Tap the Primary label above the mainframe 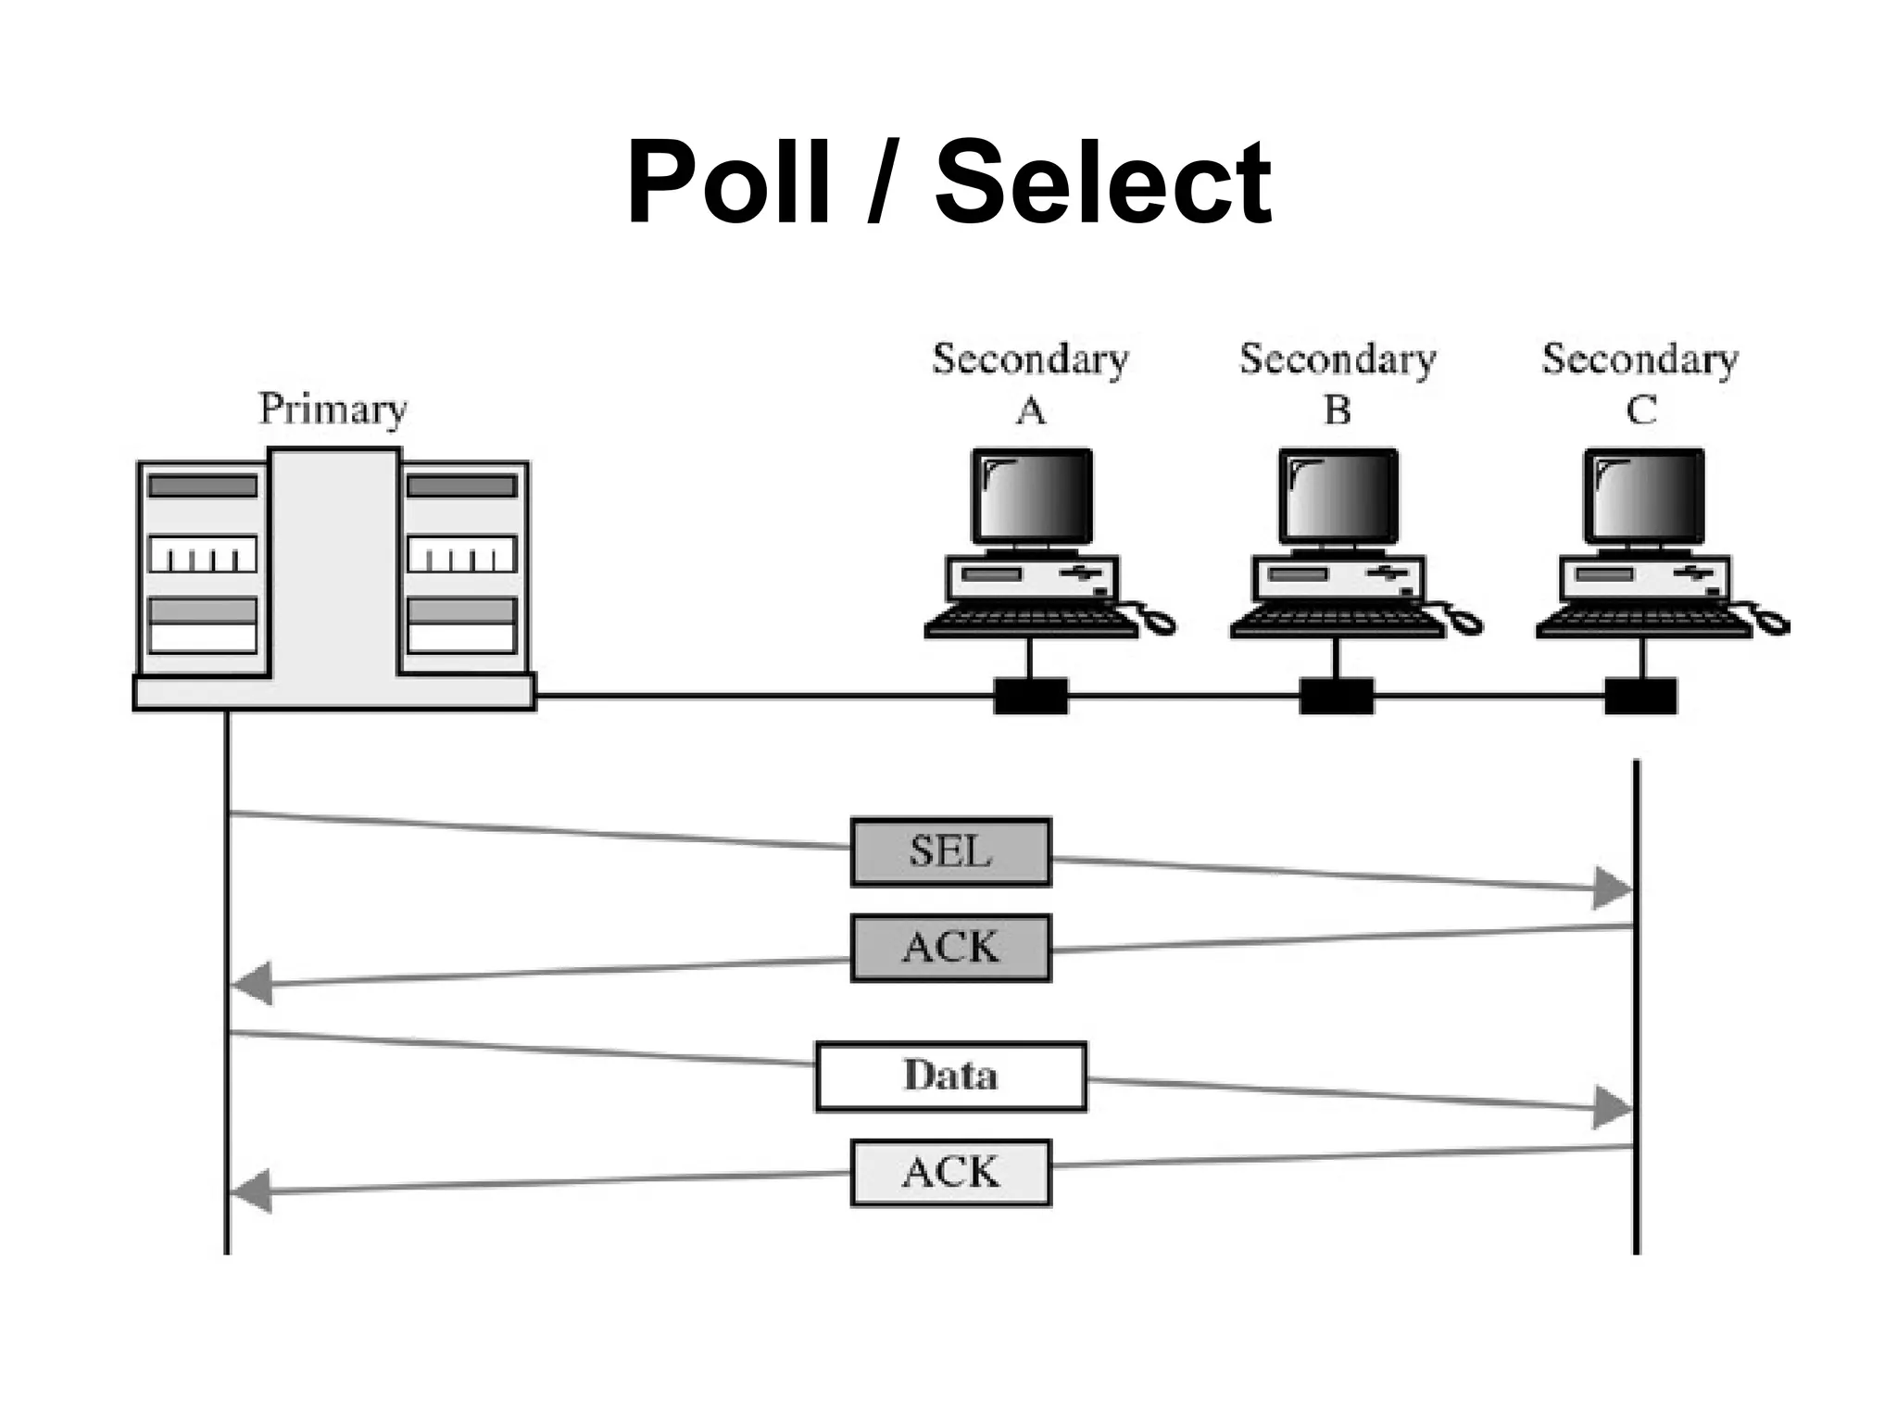click(x=333, y=409)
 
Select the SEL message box click(x=950, y=851)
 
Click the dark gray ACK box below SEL click(x=950, y=948)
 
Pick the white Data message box click(x=950, y=1076)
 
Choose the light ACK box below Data click(x=950, y=1173)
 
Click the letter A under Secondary click(x=1031, y=410)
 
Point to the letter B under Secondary click(x=1338, y=410)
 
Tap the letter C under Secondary click(x=1640, y=410)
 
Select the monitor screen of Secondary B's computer click(x=1338, y=497)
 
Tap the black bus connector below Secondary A click(x=1031, y=696)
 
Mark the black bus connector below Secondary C click(x=1640, y=696)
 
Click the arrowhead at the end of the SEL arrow click(x=1612, y=888)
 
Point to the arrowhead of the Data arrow click(x=1612, y=1108)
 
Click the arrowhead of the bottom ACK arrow click(x=250, y=1191)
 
